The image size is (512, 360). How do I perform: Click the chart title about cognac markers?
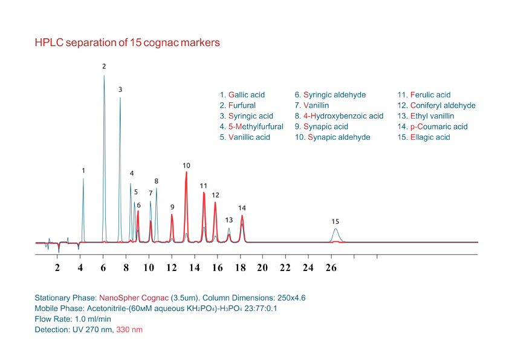tap(127, 43)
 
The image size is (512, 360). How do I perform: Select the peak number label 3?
tap(120, 90)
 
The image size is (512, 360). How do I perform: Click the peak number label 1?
tap(83, 171)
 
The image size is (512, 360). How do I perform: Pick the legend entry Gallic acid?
tap(242, 95)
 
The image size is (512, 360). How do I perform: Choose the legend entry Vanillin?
tap(312, 105)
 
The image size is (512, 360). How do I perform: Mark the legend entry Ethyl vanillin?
tap(426, 116)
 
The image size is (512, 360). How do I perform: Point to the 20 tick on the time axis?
tap(262, 267)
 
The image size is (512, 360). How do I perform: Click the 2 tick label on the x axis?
tap(58, 267)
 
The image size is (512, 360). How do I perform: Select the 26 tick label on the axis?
tap(331, 267)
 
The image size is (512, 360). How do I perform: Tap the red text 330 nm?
tap(130, 330)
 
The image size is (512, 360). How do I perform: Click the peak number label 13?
tap(229, 220)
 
